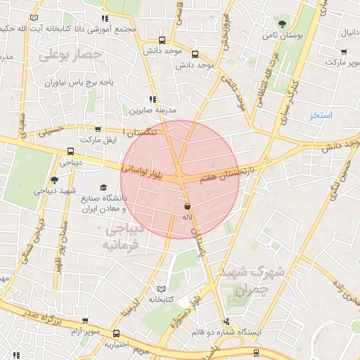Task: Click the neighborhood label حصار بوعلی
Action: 71,54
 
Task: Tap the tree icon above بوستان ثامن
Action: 281,24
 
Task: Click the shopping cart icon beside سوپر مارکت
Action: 343,51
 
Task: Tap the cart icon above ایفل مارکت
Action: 97,129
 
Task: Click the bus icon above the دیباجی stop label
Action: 70,151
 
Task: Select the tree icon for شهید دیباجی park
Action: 55,181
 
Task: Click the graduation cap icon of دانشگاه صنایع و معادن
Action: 104,188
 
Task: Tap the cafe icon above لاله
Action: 187,206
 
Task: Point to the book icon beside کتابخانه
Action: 161,289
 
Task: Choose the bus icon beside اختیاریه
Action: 117,334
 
